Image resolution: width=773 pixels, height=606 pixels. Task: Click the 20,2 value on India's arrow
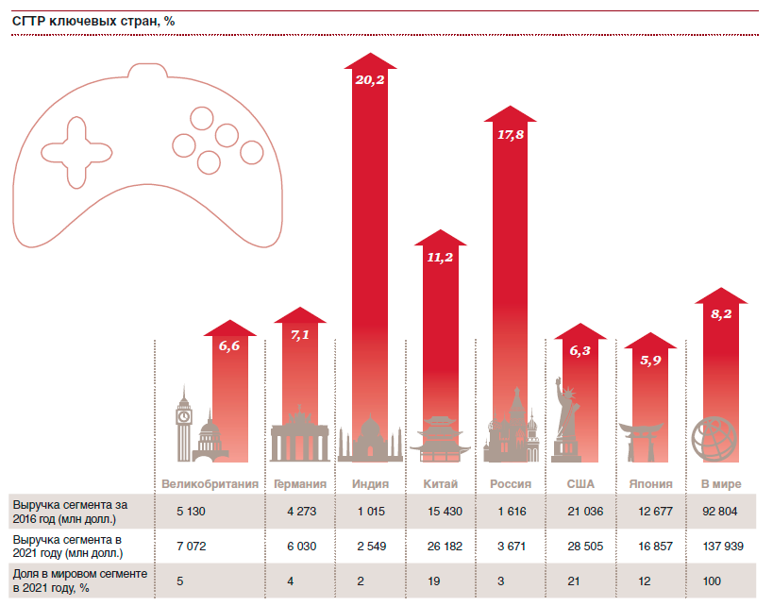click(x=369, y=80)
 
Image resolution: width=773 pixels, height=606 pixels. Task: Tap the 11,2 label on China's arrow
click(x=440, y=258)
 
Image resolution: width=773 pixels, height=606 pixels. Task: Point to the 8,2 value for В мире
click(x=720, y=313)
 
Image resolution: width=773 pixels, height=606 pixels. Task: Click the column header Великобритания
click(x=210, y=484)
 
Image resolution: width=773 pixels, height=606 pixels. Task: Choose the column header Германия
click(x=300, y=484)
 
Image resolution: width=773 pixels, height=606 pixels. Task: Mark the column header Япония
click(x=650, y=484)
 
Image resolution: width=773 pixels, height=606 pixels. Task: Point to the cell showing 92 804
click(x=719, y=512)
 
